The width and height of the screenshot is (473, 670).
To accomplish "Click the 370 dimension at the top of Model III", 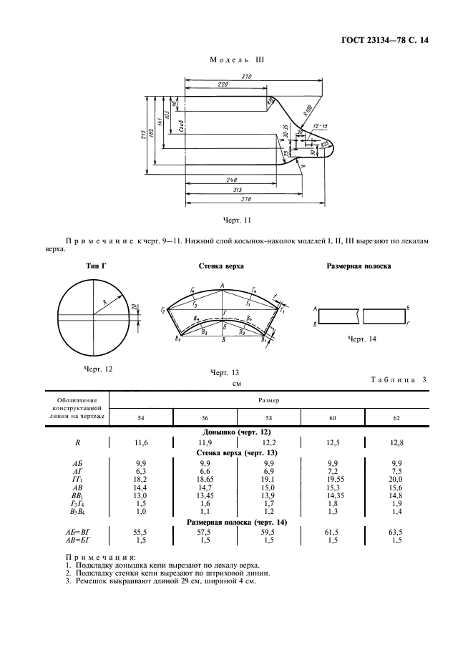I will [x=248, y=77].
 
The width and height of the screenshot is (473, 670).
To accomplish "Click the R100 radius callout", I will [x=308, y=110].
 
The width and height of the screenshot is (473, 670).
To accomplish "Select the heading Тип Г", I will [x=96, y=266].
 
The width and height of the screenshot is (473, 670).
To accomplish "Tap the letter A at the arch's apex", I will [x=223, y=286].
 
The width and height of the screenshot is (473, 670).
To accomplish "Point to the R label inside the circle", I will [x=106, y=304].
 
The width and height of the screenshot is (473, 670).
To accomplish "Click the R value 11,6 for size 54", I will [x=140, y=445].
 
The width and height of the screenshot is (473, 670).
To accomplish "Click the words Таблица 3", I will [x=398, y=380].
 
